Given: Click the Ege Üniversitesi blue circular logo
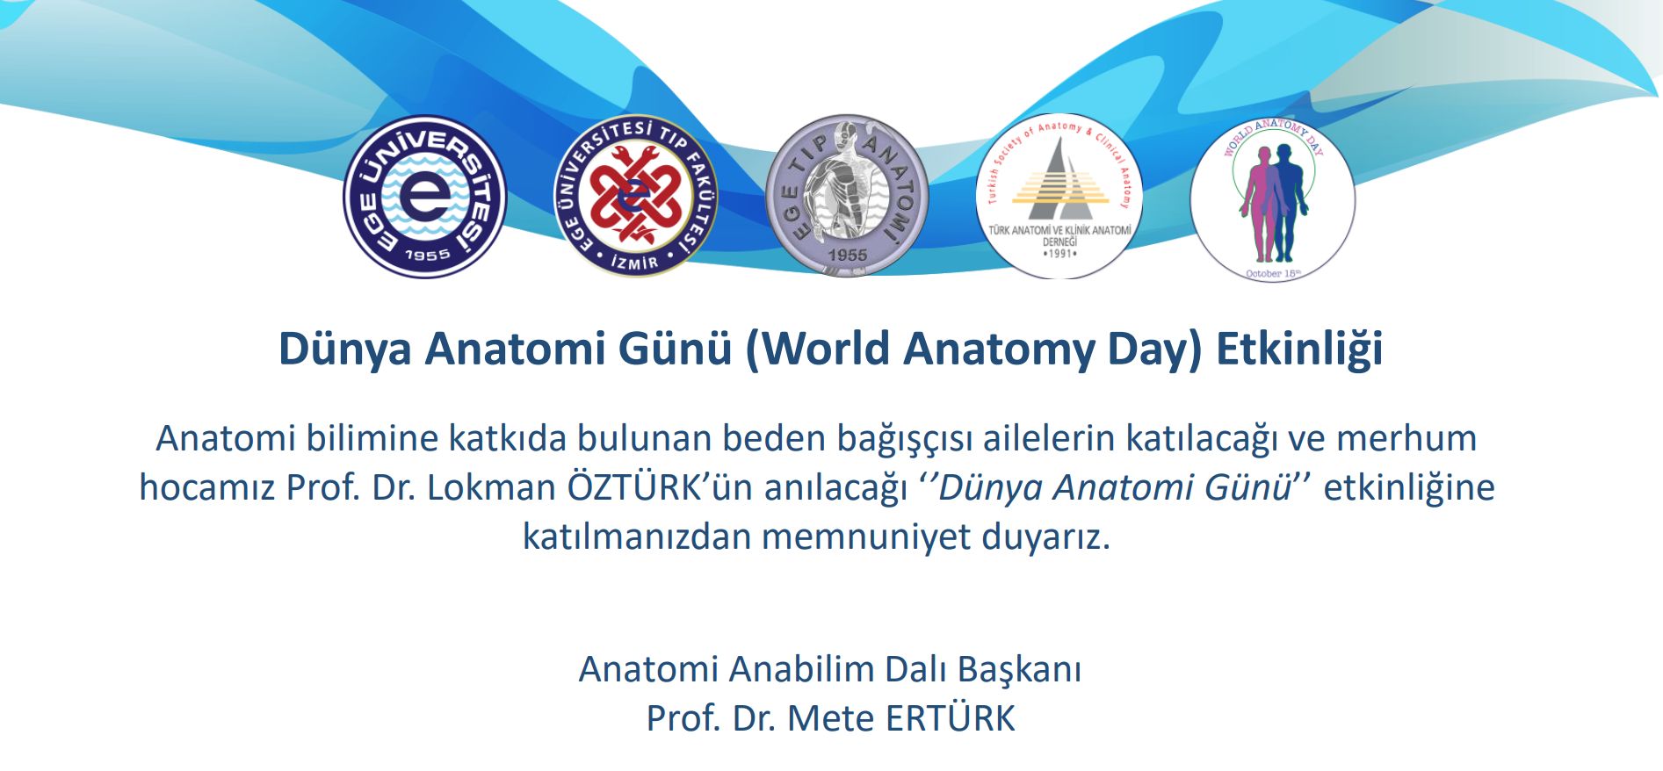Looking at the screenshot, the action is point(425,197).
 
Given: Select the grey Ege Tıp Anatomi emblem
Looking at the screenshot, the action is point(847,196).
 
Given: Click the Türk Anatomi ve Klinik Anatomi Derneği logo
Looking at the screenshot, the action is point(1059,197).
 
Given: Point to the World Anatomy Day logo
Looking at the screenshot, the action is point(1273,199).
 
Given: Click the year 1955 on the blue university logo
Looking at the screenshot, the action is point(428,255).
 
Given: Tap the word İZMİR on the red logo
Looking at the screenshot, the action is point(634,262).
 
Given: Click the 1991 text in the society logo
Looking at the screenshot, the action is point(1059,253).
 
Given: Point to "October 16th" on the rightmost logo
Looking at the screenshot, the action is point(1273,273).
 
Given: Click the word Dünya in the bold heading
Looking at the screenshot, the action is point(345,349).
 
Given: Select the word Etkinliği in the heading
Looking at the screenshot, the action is point(1300,349).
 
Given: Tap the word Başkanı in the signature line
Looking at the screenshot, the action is point(1019,669).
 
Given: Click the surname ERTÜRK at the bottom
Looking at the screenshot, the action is point(951,718).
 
